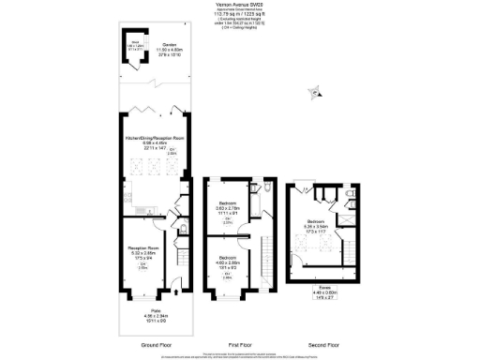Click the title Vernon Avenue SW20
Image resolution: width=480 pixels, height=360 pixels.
coord(239,6)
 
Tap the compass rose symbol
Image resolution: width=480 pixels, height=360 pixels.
coord(316,92)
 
